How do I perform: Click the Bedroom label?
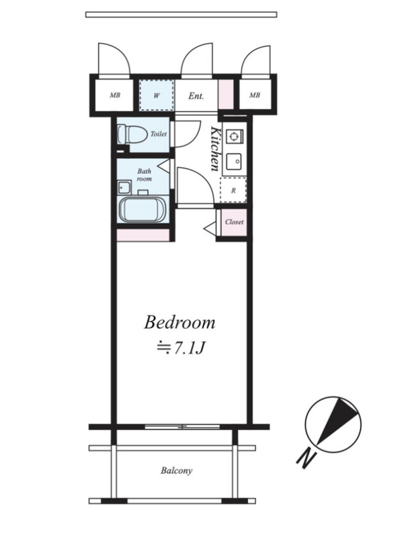pyautogui.click(x=179, y=323)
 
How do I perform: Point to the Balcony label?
pyautogui.click(x=177, y=471)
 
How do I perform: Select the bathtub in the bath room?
pyautogui.click(x=142, y=209)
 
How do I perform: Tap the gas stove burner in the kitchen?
pyautogui.click(x=234, y=136)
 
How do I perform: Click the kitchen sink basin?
pyautogui.click(x=234, y=161)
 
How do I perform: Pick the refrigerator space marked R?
pyautogui.click(x=233, y=191)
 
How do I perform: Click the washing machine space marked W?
pyautogui.click(x=157, y=95)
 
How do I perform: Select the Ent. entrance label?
pyautogui.click(x=196, y=96)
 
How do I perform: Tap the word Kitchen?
pyautogui.click(x=216, y=148)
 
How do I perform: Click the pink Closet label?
pyautogui.click(x=235, y=222)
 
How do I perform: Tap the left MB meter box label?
pyautogui.click(x=115, y=95)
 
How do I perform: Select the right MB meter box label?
pyautogui.click(x=254, y=95)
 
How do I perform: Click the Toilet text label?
pyautogui.click(x=159, y=134)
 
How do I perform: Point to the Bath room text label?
pyautogui.click(x=145, y=175)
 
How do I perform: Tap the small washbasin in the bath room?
pyautogui.click(x=124, y=188)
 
